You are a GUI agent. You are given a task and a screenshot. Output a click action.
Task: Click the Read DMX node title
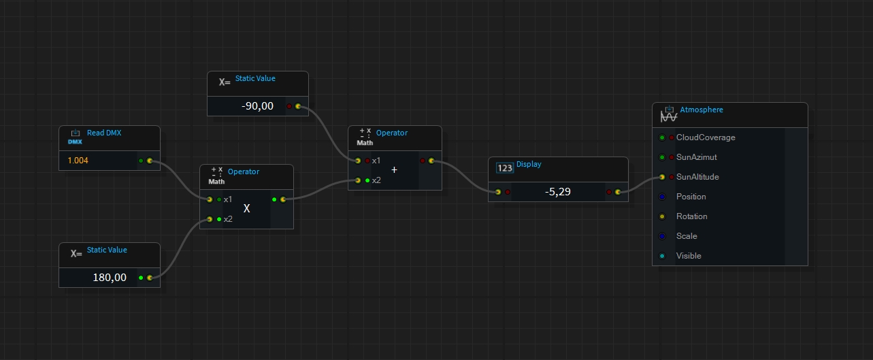point(104,133)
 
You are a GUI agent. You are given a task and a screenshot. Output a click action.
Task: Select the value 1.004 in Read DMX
point(78,161)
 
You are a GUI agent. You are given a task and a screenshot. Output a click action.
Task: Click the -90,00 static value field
point(257,106)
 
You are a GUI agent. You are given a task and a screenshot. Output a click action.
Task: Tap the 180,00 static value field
point(110,278)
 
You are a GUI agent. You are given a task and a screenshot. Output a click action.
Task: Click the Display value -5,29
point(558,192)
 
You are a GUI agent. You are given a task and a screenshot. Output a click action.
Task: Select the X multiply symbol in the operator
point(247,209)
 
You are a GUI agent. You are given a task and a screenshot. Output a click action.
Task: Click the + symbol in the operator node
point(395,170)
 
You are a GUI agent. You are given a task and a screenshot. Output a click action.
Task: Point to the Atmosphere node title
point(702,110)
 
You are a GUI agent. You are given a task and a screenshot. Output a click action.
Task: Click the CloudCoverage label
point(706,137)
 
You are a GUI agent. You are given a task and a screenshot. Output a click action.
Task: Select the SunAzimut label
point(697,157)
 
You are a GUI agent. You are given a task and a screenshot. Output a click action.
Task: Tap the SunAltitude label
point(697,177)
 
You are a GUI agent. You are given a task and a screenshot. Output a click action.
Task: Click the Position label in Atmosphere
point(691,197)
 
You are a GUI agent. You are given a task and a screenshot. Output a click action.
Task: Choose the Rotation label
point(692,216)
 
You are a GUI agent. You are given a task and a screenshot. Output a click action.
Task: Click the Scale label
point(687,236)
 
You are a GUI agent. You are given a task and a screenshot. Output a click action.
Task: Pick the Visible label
point(689,256)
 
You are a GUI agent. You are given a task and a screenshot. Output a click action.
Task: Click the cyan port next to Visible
point(662,256)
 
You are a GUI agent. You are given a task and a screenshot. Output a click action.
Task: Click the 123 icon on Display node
point(505,168)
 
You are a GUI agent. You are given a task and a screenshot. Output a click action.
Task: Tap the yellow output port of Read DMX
point(150,161)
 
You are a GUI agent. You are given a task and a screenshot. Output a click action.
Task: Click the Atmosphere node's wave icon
point(669,114)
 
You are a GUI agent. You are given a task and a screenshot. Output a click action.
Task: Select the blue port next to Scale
point(662,236)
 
